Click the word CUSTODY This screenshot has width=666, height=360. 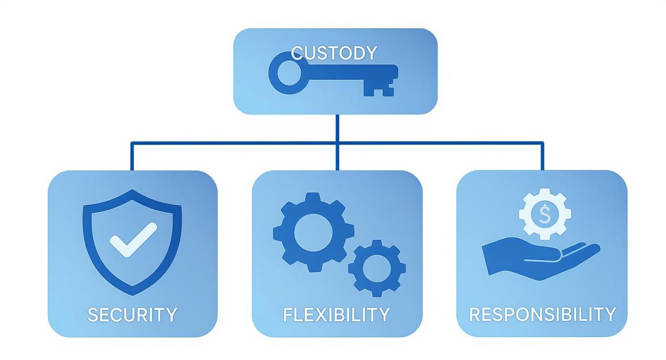tap(334, 53)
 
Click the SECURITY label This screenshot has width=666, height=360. tap(133, 315)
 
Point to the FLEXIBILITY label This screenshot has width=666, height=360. tap(336, 315)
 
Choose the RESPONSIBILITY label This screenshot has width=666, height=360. tap(542, 314)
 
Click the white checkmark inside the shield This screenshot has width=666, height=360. tap(133, 239)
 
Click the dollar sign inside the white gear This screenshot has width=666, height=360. tap(545, 214)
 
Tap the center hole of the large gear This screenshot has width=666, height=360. tap(310, 232)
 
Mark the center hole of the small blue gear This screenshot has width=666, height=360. tap(377, 268)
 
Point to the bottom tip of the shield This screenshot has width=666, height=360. tap(133, 293)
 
